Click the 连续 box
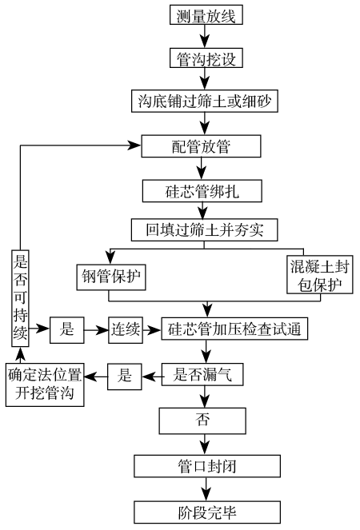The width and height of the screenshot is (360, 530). (126, 329)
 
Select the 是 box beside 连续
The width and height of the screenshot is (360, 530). (67, 329)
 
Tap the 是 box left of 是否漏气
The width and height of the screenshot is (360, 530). (125, 374)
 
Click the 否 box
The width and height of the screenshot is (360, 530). (203, 420)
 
